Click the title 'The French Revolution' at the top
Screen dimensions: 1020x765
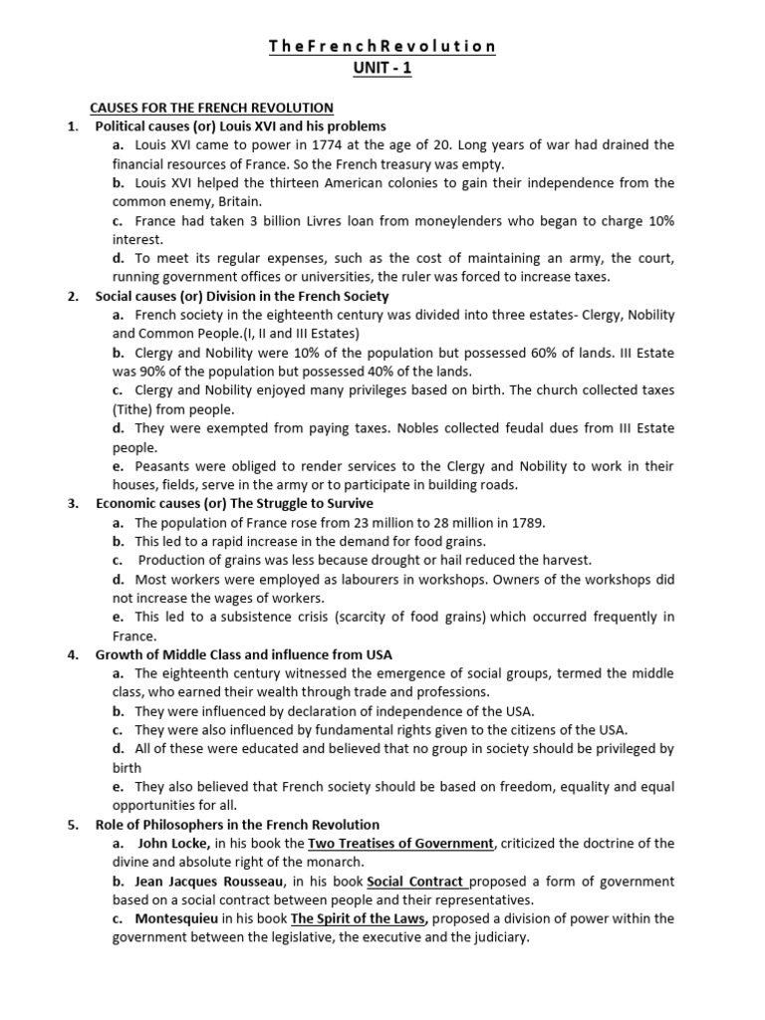click(x=382, y=47)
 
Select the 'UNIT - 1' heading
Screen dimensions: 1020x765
click(x=382, y=69)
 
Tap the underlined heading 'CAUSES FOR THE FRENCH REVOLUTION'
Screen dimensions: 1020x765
click(x=211, y=108)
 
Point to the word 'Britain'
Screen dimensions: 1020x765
click(x=239, y=202)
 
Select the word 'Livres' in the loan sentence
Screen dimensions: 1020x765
click(x=333, y=221)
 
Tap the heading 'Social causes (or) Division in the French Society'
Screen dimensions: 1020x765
click(x=242, y=296)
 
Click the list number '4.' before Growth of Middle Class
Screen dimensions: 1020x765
click(x=73, y=654)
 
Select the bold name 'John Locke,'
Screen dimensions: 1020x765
click(x=174, y=844)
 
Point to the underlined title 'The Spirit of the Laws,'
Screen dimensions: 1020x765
click(x=360, y=918)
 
